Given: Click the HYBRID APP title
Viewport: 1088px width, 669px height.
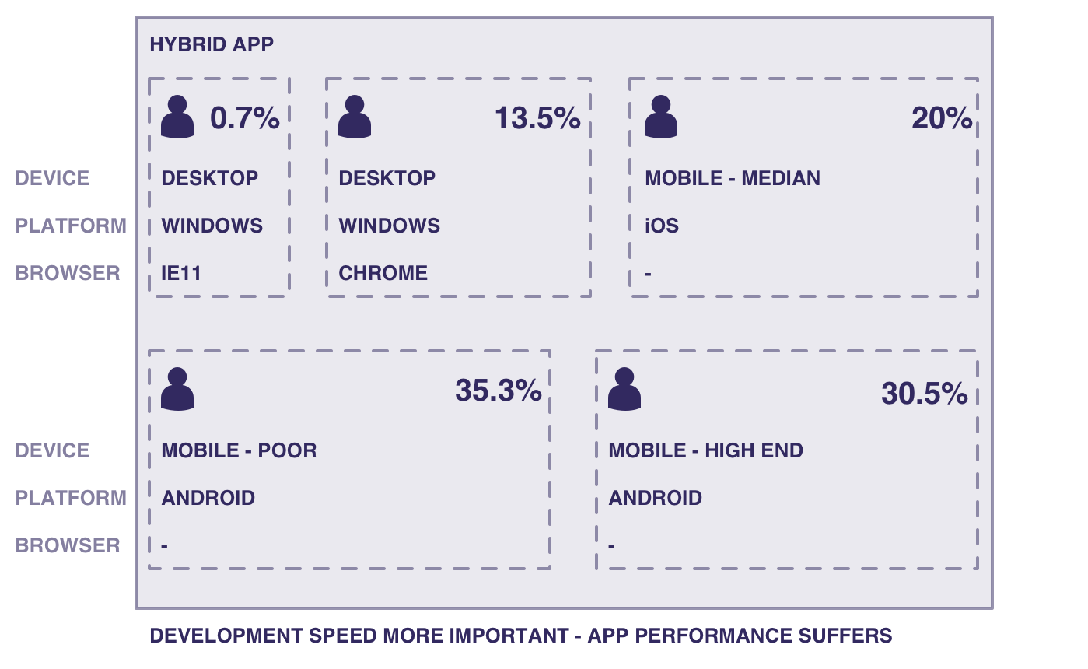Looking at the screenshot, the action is (x=212, y=44).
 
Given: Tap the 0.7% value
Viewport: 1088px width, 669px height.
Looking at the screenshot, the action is (x=245, y=118).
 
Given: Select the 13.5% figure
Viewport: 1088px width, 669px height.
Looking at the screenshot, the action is (x=537, y=118).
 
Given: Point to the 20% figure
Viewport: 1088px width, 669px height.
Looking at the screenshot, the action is (x=942, y=118).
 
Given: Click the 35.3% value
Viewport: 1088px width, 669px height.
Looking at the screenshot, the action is (x=499, y=391).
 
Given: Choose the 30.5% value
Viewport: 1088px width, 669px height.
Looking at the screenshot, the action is (x=925, y=393).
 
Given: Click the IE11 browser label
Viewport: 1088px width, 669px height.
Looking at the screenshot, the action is (x=180, y=273).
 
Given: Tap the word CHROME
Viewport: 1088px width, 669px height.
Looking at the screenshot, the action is (x=383, y=273).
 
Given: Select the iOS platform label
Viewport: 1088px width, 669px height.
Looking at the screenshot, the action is (x=662, y=226).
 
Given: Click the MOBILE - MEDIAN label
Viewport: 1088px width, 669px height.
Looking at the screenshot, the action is (x=733, y=178).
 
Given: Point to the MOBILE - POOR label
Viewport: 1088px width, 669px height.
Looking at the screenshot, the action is (x=239, y=450).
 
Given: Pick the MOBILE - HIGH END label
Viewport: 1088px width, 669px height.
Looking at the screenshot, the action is (x=705, y=450).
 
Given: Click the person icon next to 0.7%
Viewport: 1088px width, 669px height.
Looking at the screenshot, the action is (x=177, y=117).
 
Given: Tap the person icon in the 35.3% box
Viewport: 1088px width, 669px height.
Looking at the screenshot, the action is (x=177, y=389).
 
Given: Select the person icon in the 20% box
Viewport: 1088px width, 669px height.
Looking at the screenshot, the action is (x=661, y=117).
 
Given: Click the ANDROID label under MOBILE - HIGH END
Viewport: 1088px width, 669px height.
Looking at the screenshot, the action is (x=656, y=498).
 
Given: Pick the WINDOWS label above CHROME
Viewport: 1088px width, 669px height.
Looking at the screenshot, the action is (x=389, y=226).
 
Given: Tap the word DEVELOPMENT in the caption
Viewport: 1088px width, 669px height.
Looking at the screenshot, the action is (x=226, y=636).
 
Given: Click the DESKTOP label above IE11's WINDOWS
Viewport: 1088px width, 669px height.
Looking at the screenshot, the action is (x=209, y=178).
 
